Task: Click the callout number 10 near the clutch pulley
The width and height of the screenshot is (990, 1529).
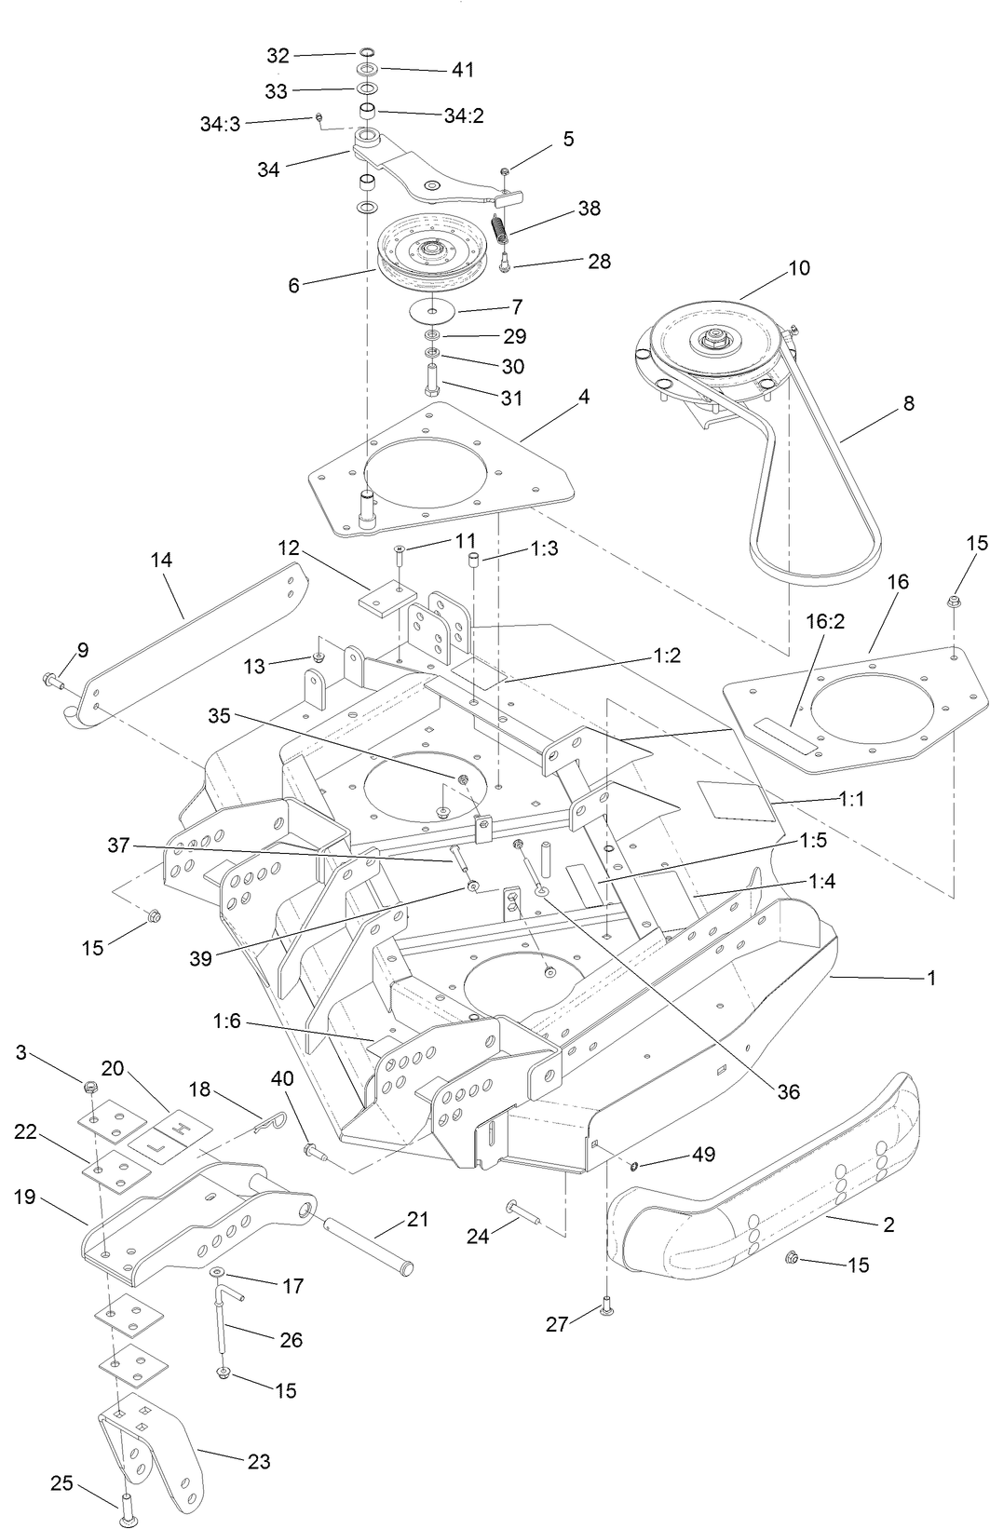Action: (x=799, y=268)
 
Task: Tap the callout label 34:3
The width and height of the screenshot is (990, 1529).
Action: (x=220, y=123)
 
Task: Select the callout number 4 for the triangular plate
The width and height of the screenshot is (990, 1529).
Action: (x=584, y=397)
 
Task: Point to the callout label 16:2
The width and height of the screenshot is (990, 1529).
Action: (x=826, y=622)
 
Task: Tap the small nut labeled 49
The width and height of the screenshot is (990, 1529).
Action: (x=635, y=1166)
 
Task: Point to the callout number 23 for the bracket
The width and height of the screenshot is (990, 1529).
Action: (x=258, y=1461)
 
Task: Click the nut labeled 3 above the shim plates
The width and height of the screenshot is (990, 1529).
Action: (x=91, y=1087)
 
